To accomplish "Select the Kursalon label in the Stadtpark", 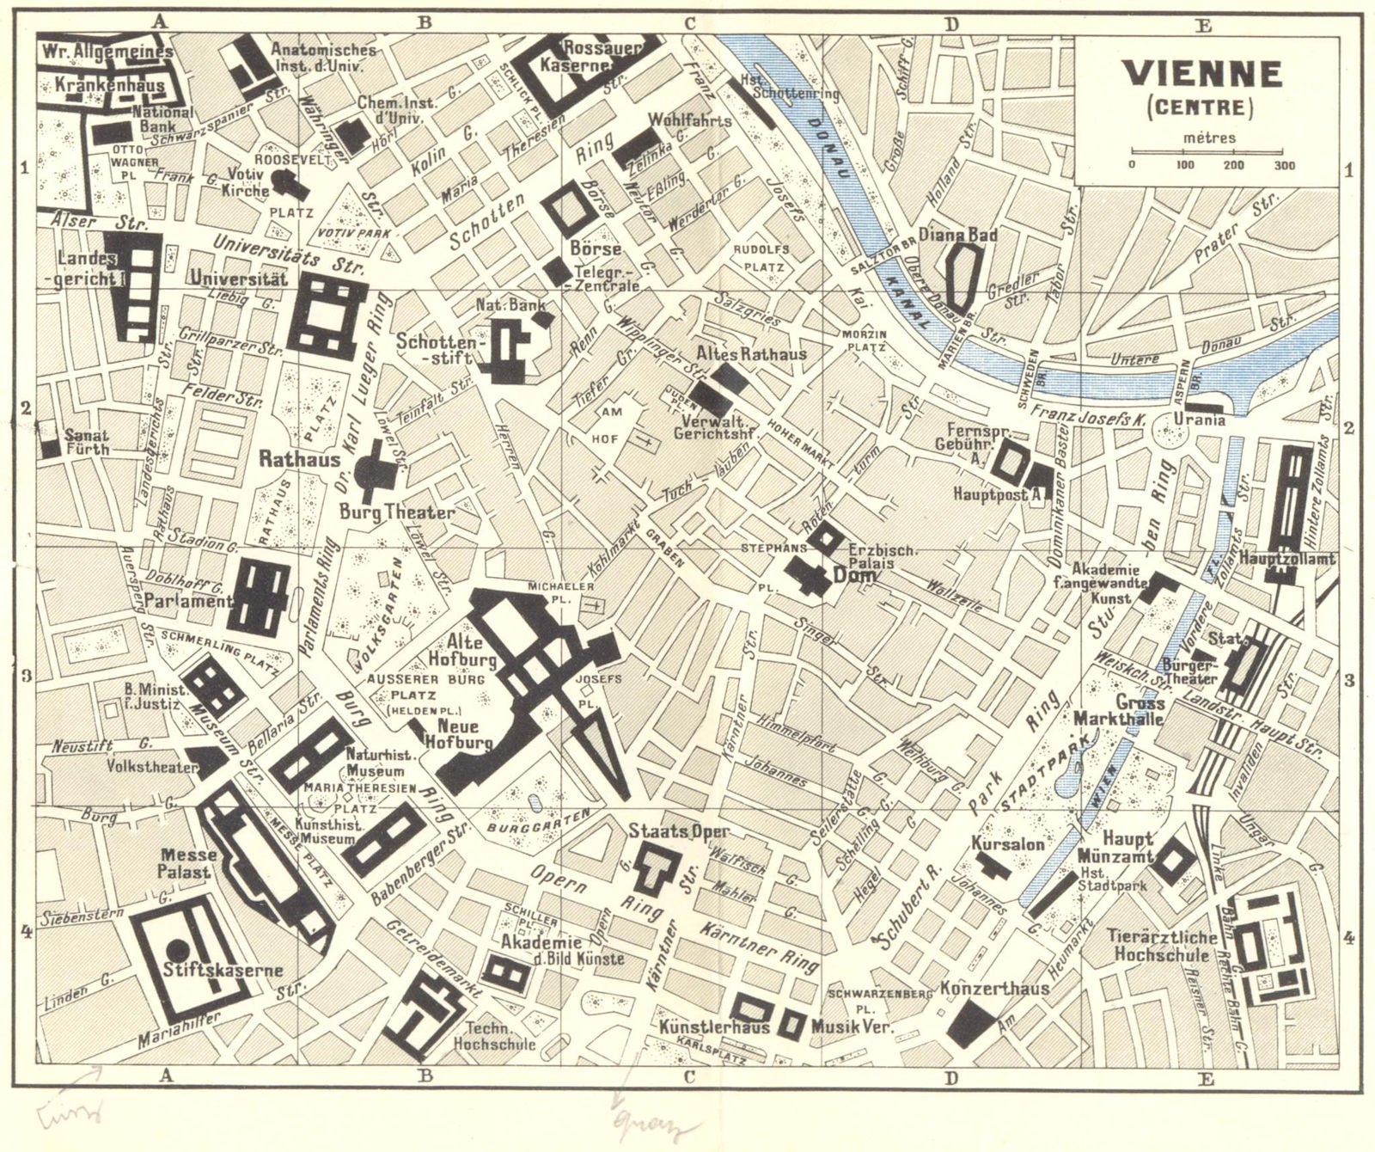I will [x=1008, y=844].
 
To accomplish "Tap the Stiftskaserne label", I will [x=223, y=971].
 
